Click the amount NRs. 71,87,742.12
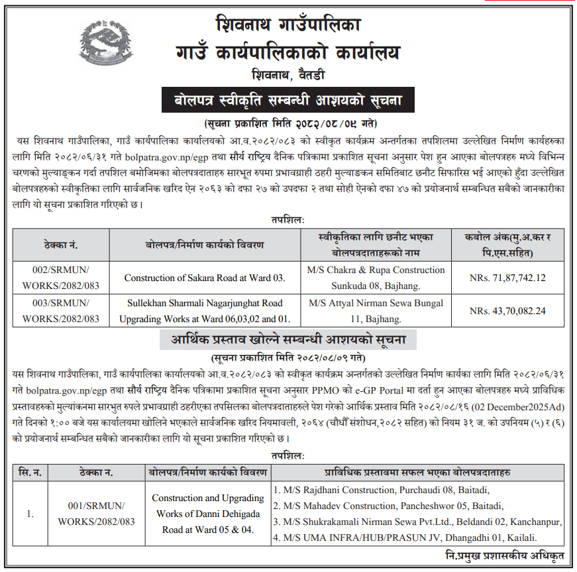coord(507,278)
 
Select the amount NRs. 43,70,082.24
coord(507,311)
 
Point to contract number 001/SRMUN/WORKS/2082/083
coord(96,513)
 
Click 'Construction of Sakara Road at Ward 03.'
coord(204,278)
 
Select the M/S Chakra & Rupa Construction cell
coord(376,278)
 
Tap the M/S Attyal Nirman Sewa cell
coord(376,311)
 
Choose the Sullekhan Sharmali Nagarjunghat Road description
coord(204,311)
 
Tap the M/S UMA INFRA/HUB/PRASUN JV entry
coord(405,537)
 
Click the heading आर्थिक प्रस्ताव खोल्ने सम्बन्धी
coord(288,341)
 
